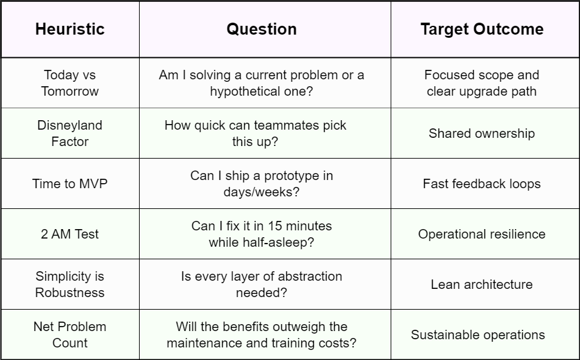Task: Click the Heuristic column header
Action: tap(70, 29)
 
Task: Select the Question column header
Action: tap(262, 29)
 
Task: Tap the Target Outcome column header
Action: tap(482, 29)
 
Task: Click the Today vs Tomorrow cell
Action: tap(70, 83)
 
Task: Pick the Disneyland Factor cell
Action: tap(70, 133)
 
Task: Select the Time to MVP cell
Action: tap(70, 184)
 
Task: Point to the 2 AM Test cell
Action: tap(70, 234)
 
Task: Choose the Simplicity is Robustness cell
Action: tap(70, 284)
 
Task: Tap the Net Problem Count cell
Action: tap(70, 335)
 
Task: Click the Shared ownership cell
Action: tap(482, 133)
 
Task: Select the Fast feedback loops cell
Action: tap(482, 184)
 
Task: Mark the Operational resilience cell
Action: tap(482, 234)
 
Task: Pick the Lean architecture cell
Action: tap(482, 284)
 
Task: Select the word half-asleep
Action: tap(279, 242)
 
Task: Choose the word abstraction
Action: tap(308, 276)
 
